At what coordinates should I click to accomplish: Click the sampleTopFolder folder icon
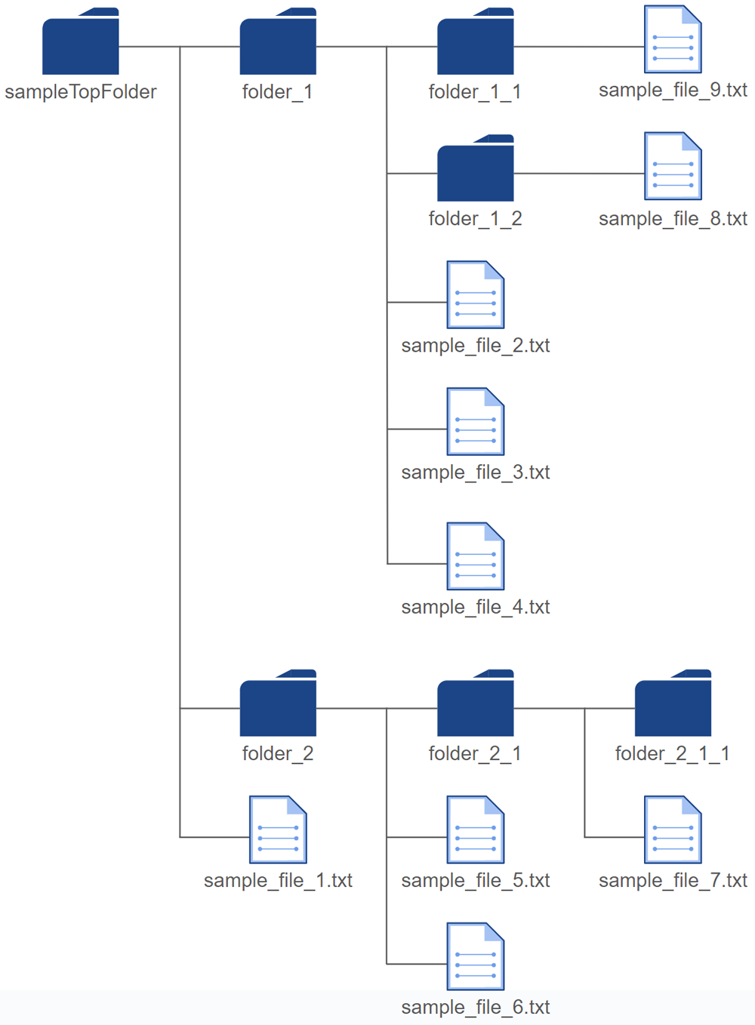pyautogui.click(x=81, y=42)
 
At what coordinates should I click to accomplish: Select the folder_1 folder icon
pyautogui.click(x=278, y=42)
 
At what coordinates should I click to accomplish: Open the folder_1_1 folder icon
pyautogui.click(x=475, y=42)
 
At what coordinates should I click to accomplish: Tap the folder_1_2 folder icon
pyautogui.click(x=475, y=168)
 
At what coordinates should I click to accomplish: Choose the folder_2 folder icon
pyautogui.click(x=278, y=703)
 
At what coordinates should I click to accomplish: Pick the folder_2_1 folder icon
pyautogui.click(x=475, y=703)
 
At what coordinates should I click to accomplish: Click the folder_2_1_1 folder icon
pyautogui.click(x=673, y=703)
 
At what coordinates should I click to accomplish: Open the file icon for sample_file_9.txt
pyautogui.click(x=673, y=39)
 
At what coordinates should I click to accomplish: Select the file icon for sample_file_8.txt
pyautogui.click(x=673, y=166)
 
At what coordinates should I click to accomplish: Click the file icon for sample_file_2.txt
pyautogui.click(x=476, y=294)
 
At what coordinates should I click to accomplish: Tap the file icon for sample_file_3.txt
pyautogui.click(x=476, y=421)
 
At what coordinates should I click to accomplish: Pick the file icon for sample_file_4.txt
pyautogui.click(x=476, y=556)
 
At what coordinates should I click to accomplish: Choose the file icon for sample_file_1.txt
pyautogui.click(x=278, y=830)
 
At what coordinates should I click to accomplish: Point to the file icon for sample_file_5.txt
pyautogui.click(x=476, y=830)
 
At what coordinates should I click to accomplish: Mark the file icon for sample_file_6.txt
pyautogui.click(x=476, y=956)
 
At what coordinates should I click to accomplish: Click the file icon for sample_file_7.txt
pyautogui.click(x=673, y=830)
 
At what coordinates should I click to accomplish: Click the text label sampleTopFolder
pyautogui.click(x=81, y=92)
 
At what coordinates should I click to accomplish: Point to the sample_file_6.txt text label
pyautogui.click(x=476, y=1007)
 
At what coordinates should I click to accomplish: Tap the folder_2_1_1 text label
pyautogui.click(x=673, y=753)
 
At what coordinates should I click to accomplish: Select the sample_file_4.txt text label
pyautogui.click(x=476, y=607)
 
